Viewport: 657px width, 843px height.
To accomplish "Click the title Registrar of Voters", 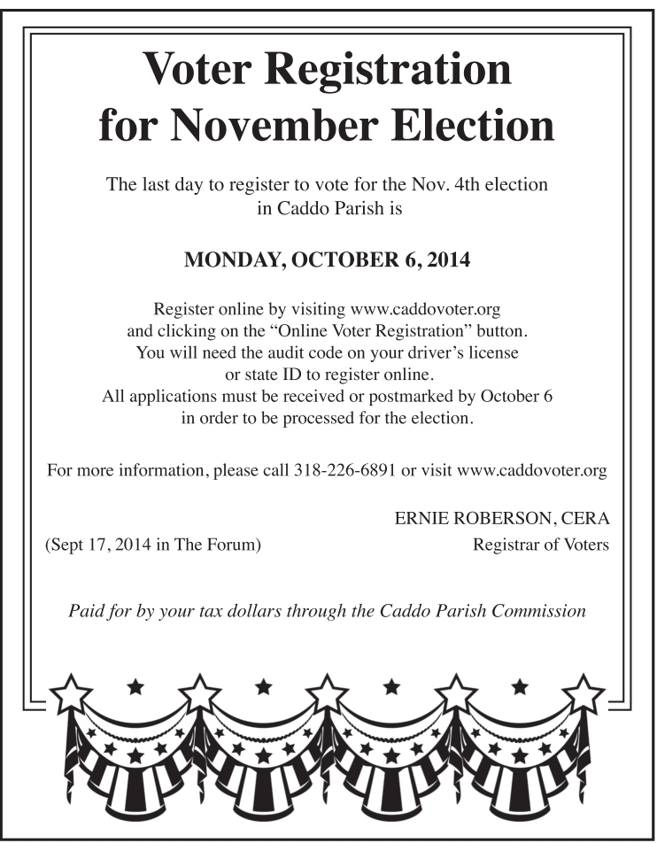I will click(x=541, y=545).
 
